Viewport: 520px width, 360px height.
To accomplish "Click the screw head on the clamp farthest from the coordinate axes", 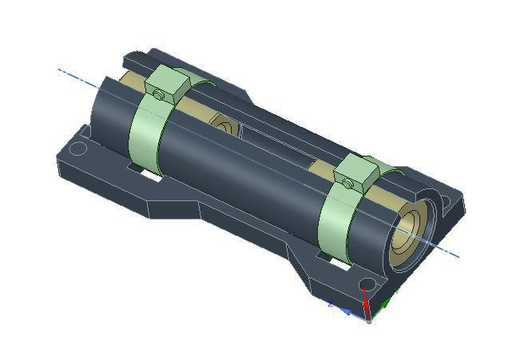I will pos(159,95).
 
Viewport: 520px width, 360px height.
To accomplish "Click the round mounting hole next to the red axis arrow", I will pos(366,284).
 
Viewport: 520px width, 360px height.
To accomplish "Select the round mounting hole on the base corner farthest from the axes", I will pos(77,148).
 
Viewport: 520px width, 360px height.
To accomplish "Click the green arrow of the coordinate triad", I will pos(385,304).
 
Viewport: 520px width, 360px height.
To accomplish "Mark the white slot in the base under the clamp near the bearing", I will pos(339,262).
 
